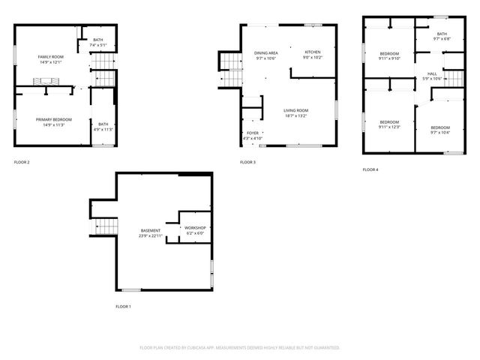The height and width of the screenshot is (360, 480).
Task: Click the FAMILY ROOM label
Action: click(51, 57)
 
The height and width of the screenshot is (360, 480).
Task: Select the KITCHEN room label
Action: click(313, 52)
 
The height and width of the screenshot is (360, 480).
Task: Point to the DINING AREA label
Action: click(266, 52)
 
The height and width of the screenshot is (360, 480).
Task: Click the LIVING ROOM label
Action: click(295, 111)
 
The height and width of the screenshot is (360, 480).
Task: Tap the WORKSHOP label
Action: click(195, 227)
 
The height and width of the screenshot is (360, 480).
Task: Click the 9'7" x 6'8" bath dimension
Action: click(442, 39)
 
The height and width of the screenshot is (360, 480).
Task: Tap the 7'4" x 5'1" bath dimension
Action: click(98, 45)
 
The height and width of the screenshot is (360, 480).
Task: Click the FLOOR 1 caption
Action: click(123, 307)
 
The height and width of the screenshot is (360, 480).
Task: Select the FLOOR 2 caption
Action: click(22, 162)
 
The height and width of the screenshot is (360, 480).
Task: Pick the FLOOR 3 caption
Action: click(247, 162)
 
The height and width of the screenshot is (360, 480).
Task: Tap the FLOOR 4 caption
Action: click(370, 169)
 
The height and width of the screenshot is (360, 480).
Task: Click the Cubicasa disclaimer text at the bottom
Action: click(240, 348)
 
